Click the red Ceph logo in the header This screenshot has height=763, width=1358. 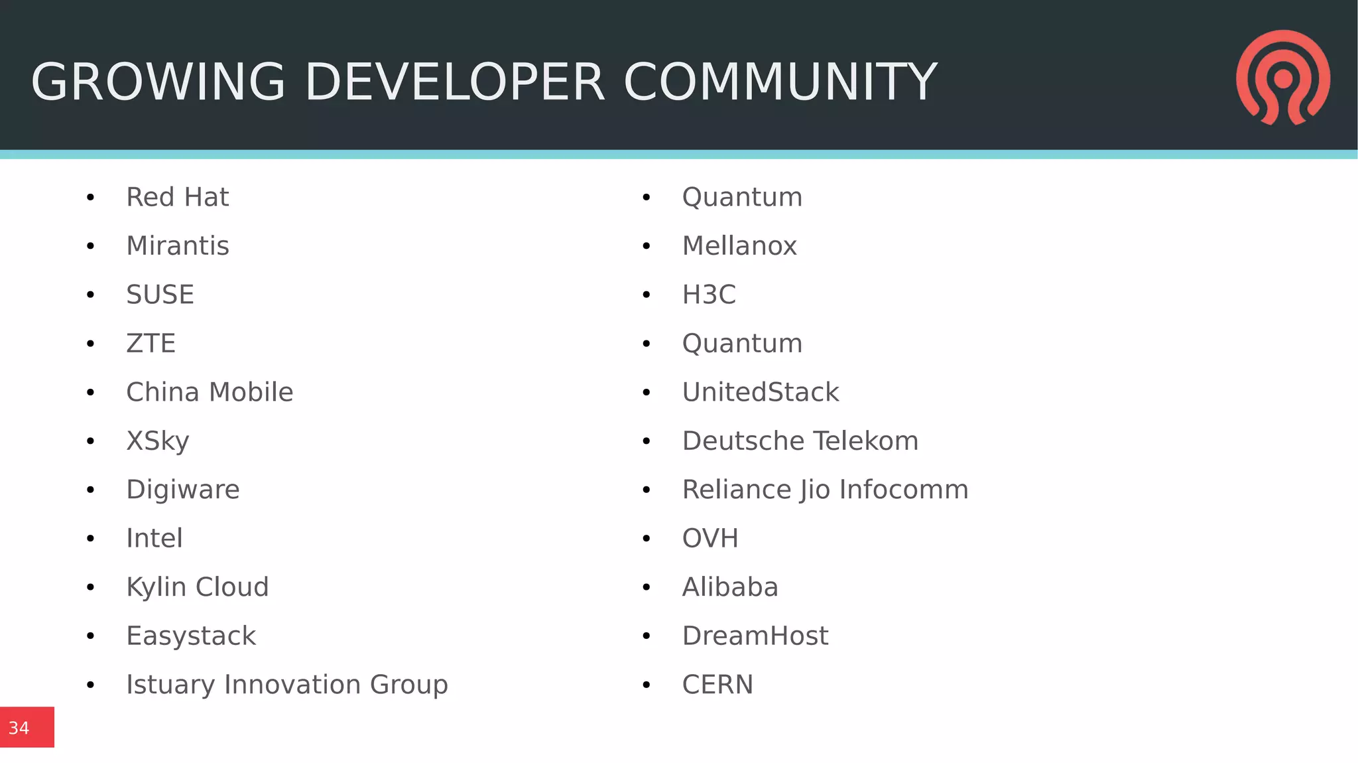(1282, 77)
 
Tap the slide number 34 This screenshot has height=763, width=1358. (19, 728)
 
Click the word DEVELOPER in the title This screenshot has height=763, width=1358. (454, 82)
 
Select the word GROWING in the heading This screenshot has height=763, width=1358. (158, 82)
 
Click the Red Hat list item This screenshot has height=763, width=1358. (177, 197)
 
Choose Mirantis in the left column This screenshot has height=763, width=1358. (177, 246)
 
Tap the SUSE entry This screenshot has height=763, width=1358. (160, 295)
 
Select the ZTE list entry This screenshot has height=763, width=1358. (151, 344)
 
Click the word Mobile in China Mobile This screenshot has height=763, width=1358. (251, 392)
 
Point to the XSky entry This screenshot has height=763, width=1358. (158, 441)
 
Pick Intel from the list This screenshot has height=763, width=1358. (154, 538)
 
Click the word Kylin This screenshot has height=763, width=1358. (156, 587)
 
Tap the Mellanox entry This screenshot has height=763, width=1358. (739, 246)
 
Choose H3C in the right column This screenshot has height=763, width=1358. (709, 295)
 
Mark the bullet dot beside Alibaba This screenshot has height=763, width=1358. (647, 587)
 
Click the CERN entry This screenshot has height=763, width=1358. (717, 685)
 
